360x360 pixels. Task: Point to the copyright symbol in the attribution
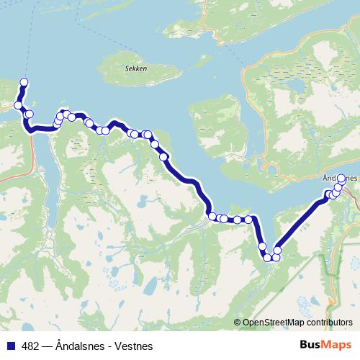[238, 323]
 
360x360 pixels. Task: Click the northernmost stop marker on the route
[24, 82]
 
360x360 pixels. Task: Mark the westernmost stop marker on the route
[18, 106]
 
